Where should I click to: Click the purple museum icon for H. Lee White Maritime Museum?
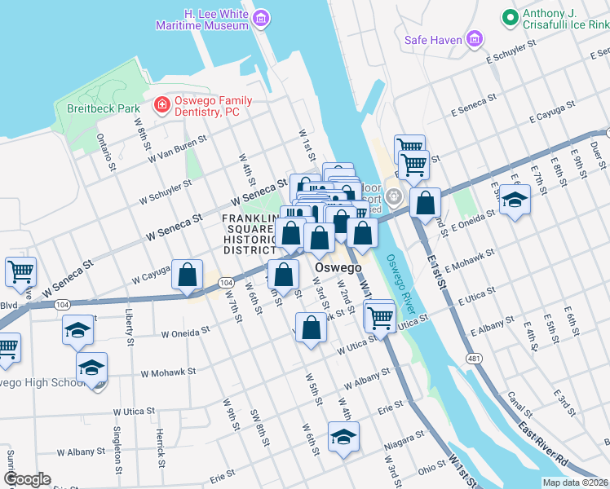point(260,18)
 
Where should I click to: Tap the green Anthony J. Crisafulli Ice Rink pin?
point(510,16)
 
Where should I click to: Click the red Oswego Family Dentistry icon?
point(161,106)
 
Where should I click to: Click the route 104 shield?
point(228,282)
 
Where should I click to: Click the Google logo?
point(27,479)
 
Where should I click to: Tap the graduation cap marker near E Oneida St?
point(515,200)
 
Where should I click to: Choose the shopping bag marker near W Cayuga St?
point(188,275)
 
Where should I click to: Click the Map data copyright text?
point(574,482)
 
